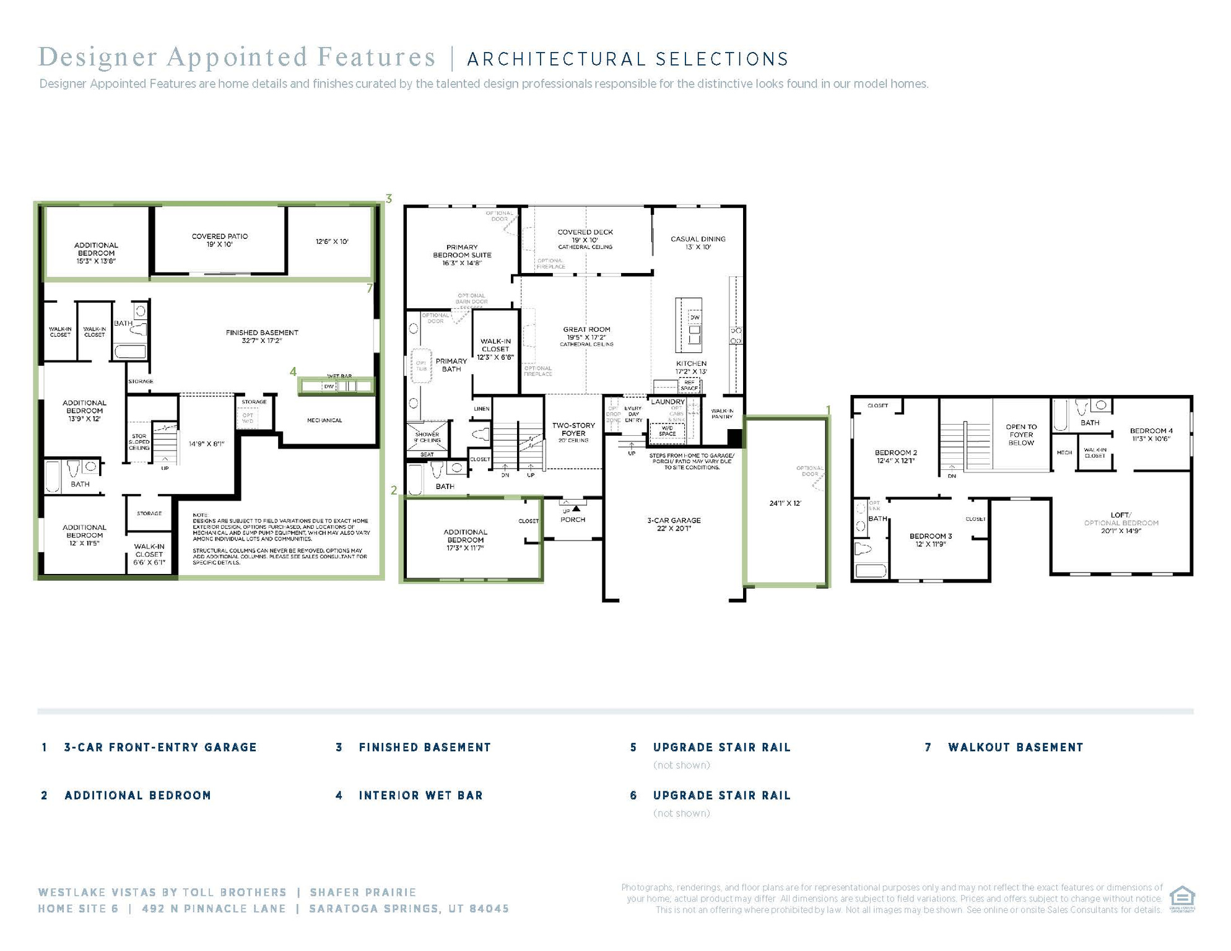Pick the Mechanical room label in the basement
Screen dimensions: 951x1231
[324, 420]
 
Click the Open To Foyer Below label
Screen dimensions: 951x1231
[1021, 435]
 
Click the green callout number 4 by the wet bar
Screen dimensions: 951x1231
[293, 371]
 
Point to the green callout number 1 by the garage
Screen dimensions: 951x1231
[828, 410]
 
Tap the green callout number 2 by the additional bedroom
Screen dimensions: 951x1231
[394, 490]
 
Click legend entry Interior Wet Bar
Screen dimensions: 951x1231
[420, 796]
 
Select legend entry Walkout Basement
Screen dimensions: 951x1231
[1016, 747]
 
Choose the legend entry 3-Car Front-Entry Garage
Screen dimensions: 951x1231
[160, 747]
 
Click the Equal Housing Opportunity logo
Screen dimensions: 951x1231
[1181, 898]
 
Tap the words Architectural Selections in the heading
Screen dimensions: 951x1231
[628, 59]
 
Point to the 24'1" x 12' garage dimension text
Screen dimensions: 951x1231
[785, 503]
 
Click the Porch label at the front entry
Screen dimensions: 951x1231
[573, 519]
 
